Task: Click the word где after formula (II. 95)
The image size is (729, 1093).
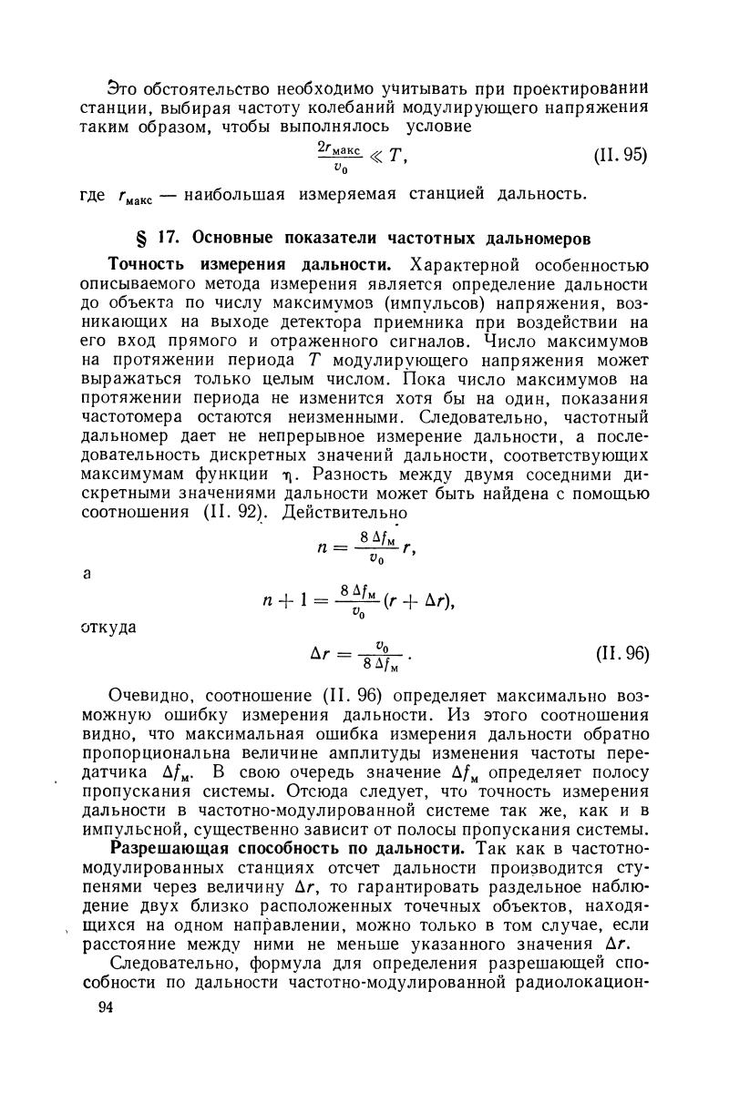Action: [x=94, y=194]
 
